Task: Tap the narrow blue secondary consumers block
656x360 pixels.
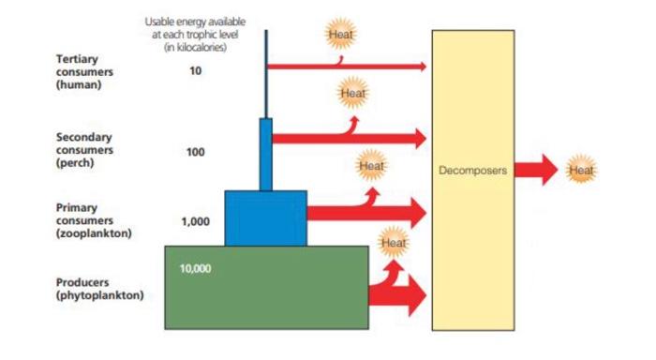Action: click(266, 154)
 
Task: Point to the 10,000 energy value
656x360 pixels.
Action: click(195, 268)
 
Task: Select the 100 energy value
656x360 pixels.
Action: click(196, 152)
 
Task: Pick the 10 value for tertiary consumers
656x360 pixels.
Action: click(195, 69)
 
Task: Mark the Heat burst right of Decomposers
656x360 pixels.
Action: click(582, 170)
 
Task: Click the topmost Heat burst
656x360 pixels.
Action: click(339, 35)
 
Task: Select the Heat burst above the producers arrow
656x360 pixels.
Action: click(394, 243)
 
